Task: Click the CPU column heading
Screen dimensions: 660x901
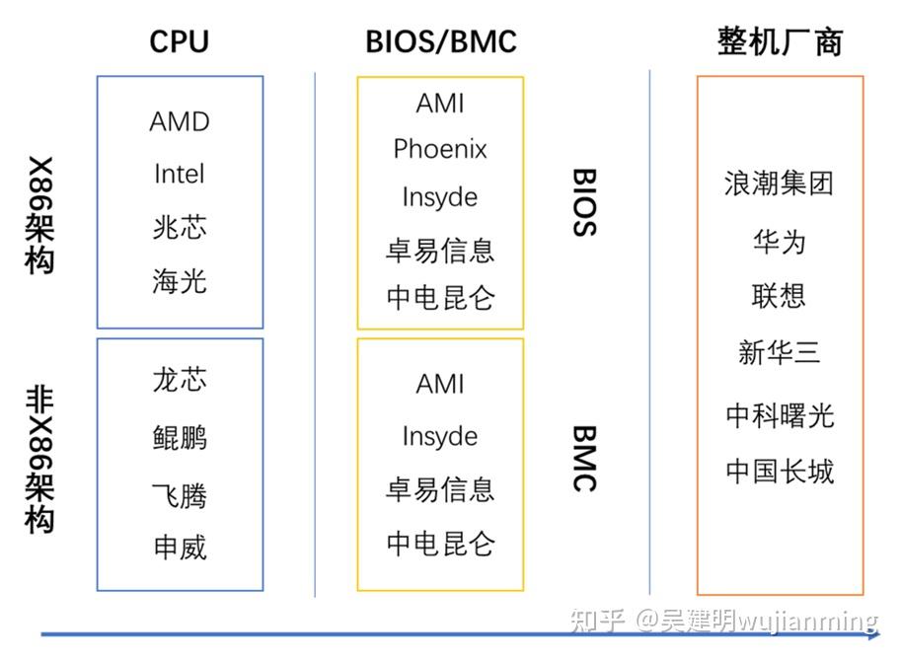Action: [x=179, y=41]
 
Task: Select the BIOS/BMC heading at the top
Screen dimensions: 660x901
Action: [x=440, y=41]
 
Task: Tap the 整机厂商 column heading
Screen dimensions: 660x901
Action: [x=780, y=41]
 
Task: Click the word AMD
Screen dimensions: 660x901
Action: [x=180, y=121]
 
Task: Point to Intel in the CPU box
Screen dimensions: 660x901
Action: [x=180, y=174]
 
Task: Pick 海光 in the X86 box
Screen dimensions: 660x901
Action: [x=180, y=281]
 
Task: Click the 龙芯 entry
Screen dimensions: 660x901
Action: [x=180, y=380]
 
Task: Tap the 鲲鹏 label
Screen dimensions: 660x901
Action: [x=180, y=436]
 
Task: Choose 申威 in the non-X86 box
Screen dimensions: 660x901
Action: [x=180, y=547]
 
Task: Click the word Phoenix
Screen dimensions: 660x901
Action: [x=440, y=149]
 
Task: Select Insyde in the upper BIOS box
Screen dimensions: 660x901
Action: [x=440, y=197]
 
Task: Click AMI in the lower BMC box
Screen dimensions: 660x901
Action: [x=440, y=384]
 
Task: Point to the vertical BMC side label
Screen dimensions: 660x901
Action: [x=584, y=458]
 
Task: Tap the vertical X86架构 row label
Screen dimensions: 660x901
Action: [x=39, y=214]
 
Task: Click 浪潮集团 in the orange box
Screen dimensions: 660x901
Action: [x=779, y=183]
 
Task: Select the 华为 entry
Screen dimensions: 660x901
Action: [x=779, y=241]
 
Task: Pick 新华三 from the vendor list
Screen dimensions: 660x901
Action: [x=779, y=352]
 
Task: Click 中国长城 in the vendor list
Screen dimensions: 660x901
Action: [x=780, y=472]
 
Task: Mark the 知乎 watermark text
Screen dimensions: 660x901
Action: [x=598, y=621]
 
